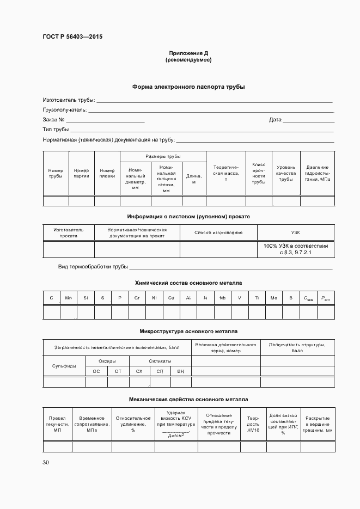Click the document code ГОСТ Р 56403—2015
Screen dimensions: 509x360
pyautogui.click(x=72, y=37)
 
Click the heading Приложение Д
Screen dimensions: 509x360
pyautogui.click(x=188, y=53)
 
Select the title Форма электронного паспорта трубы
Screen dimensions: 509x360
pyautogui.click(x=188, y=87)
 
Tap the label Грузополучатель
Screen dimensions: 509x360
pyautogui.click(x=65, y=109)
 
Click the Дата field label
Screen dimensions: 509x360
pyautogui.click(x=275, y=119)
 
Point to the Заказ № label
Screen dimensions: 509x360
pyautogui.click(x=54, y=119)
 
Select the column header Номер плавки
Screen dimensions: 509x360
pyautogui.click(x=107, y=173)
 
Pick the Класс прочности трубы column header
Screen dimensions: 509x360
pyautogui.click(x=259, y=173)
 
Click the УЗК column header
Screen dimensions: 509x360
pyautogui.click(x=296, y=232)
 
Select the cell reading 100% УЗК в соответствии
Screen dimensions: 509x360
pyautogui.click(x=296, y=246)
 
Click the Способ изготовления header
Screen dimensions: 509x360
pyautogui.click(x=218, y=232)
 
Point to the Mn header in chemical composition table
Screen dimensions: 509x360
pyautogui.click(x=68, y=298)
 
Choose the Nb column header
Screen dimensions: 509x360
pyautogui.click(x=222, y=298)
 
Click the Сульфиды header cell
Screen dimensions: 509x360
pyautogui.click(x=64, y=366)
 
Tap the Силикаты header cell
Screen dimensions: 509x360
pyautogui.click(x=160, y=361)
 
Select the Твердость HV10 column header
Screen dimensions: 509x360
pyautogui.click(x=253, y=423)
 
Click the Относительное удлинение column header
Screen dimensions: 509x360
pyautogui.click(x=133, y=424)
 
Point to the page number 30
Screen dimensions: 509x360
pyautogui.click(x=46, y=463)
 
